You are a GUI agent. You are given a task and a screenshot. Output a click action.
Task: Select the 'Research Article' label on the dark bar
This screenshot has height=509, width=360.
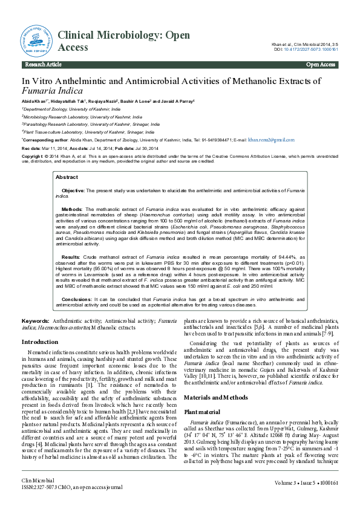click(x=44, y=64)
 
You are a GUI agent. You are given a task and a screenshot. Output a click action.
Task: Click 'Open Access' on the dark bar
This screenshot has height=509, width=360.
click(x=321, y=64)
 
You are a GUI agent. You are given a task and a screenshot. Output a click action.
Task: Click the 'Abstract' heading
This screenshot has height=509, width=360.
click(x=67, y=177)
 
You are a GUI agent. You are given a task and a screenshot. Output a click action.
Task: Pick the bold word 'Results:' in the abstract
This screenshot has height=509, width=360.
click(x=71, y=258)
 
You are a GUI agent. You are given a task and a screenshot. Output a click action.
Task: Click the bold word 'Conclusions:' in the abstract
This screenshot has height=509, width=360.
click(x=76, y=299)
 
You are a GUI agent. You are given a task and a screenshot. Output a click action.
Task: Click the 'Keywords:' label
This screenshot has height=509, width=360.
click(x=35, y=321)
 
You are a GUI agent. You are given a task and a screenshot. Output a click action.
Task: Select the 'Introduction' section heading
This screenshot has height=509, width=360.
click(x=40, y=342)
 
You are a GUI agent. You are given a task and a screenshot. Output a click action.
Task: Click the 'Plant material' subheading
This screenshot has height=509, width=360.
click(x=206, y=394)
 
